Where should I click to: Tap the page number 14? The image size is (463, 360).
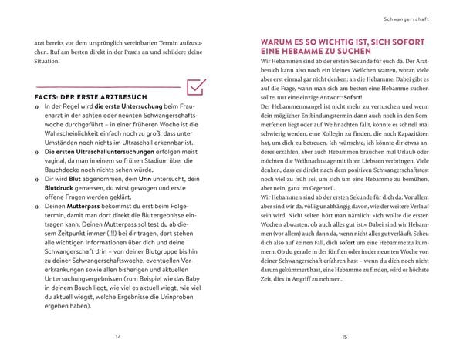point(117,337)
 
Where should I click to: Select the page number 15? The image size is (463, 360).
point(344,337)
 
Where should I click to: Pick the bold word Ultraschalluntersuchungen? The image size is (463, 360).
point(104,153)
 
